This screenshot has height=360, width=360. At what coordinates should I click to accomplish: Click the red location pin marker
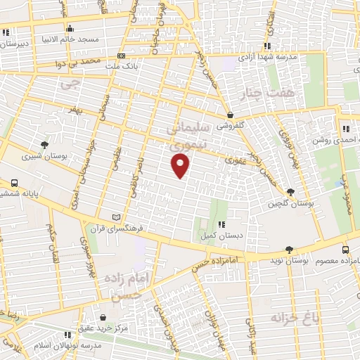click(181, 166)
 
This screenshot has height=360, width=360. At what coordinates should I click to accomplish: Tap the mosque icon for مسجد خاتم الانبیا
click(70, 28)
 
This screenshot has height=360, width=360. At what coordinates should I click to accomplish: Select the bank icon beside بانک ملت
click(122, 56)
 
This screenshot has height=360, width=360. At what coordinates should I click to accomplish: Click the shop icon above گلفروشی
click(230, 115)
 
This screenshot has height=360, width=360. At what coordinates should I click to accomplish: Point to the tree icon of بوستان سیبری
click(46, 143)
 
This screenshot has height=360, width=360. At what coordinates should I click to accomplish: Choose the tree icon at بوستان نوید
click(289, 250)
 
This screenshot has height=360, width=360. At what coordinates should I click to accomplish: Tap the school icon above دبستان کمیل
click(221, 224)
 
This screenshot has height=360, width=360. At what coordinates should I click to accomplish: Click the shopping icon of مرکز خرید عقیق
click(104, 318)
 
